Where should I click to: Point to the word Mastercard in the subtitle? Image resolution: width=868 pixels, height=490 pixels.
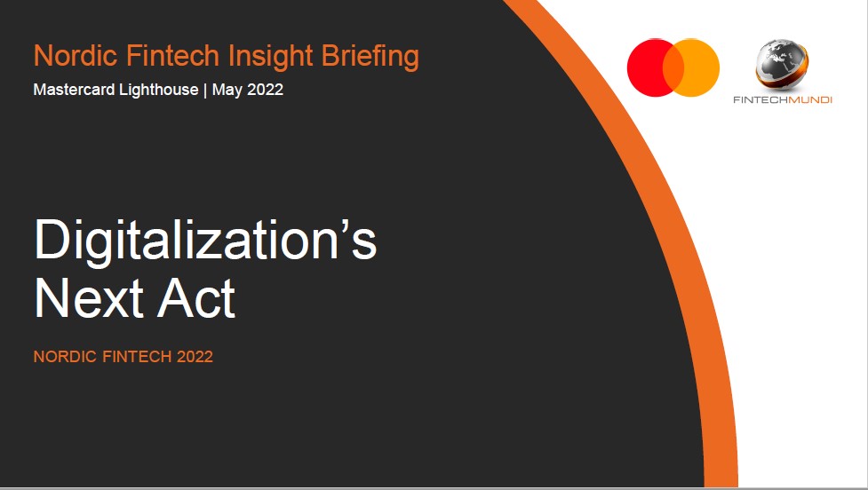tap(74, 90)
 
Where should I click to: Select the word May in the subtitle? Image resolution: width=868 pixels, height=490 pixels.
tap(227, 91)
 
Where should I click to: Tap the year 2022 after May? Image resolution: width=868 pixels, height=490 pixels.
tap(265, 90)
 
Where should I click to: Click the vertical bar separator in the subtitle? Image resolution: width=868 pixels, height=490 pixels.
tap(205, 91)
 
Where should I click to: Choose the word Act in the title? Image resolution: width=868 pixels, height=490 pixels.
tap(196, 298)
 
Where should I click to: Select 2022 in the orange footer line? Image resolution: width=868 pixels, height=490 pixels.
tap(195, 357)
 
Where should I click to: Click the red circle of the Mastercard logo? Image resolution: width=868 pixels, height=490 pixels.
tap(647, 67)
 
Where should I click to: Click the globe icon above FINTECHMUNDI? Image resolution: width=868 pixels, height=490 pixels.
tap(782, 65)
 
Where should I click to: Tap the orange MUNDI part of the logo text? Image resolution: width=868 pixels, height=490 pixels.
tap(810, 100)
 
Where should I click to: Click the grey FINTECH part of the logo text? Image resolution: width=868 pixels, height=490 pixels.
tap(760, 100)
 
